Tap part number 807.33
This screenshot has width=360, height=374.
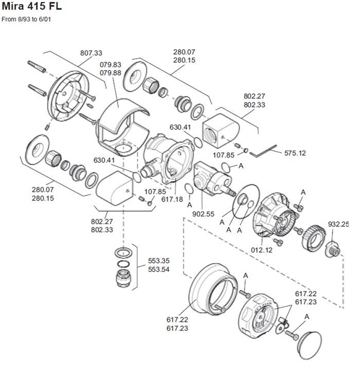coord(91,53)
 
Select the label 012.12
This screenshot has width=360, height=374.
coord(261,249)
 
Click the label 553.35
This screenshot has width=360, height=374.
coord(158,261)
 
